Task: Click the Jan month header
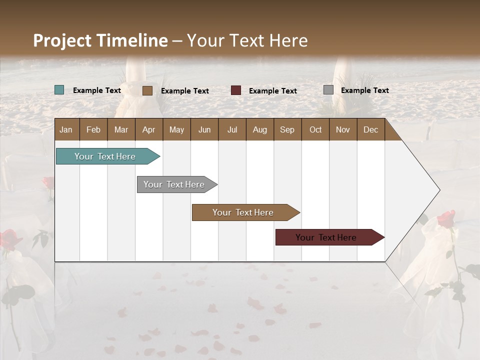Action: tap(66, 129)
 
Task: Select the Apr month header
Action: tap(149, 129)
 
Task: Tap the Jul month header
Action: tap(232, 129)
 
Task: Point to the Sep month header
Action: tap(287, 129)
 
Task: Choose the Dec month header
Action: tap(371, 129)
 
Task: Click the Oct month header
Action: tap(315, 129)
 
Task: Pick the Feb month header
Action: tap(93, 129)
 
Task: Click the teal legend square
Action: tap(59, 90)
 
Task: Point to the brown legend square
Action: tap(147, 90)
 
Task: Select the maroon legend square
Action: tap(236, 90)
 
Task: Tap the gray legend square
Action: tap(328, 90)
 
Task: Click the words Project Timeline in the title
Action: tap(100, 40)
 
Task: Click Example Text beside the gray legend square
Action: tap(365, 90)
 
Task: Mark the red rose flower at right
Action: tap(446, 219)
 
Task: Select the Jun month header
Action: tap(204, 129)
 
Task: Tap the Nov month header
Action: tap(343, 129)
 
